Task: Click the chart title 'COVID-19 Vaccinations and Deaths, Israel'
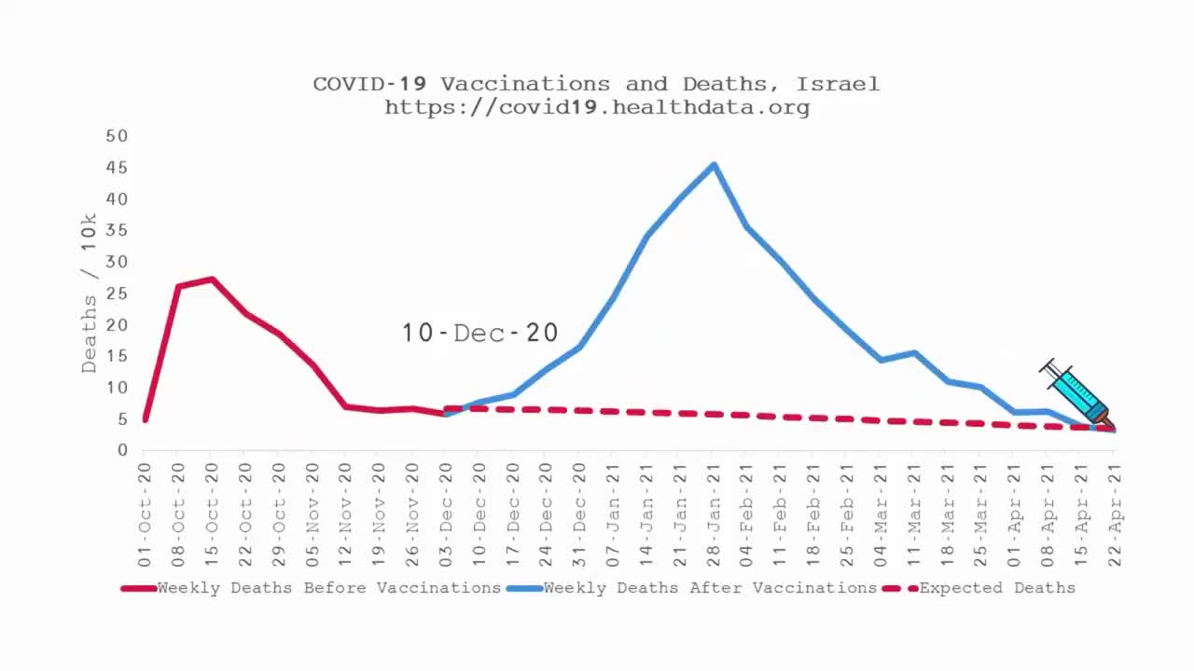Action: click(596, 84)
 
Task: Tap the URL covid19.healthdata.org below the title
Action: click(597, 107)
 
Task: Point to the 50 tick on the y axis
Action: click(117, 136)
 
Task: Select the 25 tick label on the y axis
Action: click(117, 294)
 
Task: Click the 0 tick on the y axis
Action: click(122, 450)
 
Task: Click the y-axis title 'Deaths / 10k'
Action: click(90, 293)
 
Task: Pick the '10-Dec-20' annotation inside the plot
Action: click(479, 333)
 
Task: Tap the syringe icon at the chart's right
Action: click(1076, 393)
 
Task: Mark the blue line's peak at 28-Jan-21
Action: click(714, 165)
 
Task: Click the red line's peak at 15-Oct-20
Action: click(213, 279)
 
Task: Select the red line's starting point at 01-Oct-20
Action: click(145, 420)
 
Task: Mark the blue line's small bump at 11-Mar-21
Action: click(914, 353)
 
